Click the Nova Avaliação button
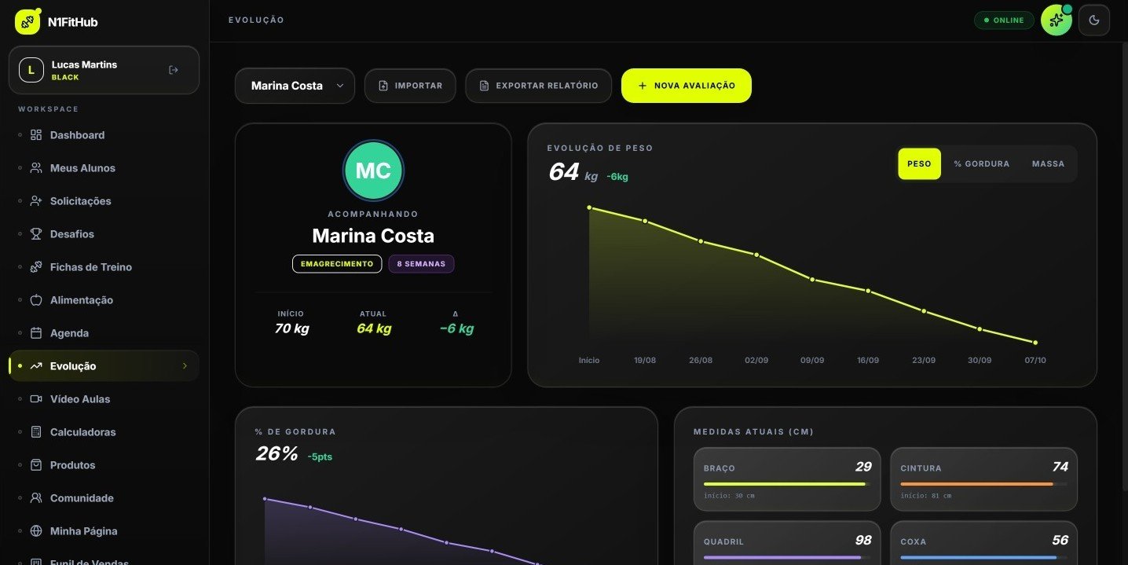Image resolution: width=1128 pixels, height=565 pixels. click(x=686, y=86)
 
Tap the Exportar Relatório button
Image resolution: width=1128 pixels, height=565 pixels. click(x=538, y=86)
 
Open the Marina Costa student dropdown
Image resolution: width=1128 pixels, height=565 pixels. click(x=295, y=86)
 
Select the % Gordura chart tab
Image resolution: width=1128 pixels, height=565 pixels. click(x=981, y=163)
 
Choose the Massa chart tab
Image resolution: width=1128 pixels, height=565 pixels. click(x=1048, y=163)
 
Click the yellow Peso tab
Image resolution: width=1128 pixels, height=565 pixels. click(x=919, y=163)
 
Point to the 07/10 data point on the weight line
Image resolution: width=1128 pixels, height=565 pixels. click(x=1035, y=343)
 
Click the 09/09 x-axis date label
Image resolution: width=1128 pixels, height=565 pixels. click(x=812, y=360)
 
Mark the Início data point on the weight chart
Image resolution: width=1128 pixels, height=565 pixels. click(x=589, y=207)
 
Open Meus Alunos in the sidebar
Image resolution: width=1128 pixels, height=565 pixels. click(x=82, y=168)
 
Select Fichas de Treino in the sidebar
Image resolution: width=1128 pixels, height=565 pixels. click(x=90, y=267)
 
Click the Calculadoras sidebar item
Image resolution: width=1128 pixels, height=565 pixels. click(x=82, y=432)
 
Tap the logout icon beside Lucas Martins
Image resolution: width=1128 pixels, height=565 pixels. click(x=174, y=70)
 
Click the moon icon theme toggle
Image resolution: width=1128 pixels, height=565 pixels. click(x=1093, y=20)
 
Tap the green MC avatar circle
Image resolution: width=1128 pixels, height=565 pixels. click(x=373, y=171)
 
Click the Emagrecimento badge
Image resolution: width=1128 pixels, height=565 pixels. click(x=337, y=264)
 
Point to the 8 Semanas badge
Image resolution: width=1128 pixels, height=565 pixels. click(x=421, y=264)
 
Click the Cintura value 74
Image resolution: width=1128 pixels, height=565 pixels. click(x=1060, y=467)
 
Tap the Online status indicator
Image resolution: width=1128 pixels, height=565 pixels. click(x=1004, y=20)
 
